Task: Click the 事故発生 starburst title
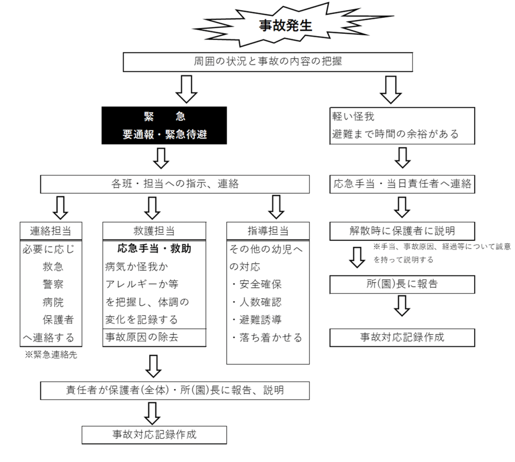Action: tap(285, 25)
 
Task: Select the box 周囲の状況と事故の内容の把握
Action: tap(267, 62)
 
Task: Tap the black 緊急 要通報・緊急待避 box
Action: tap(164, 125)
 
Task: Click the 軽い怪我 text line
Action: tap(353, 116)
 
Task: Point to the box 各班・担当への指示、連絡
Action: tap(175, 184)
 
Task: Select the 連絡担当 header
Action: tap(51, 231)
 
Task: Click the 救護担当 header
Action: tap(154, 231)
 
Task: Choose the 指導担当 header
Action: tap(268, 231)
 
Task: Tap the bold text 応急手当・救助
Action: tap(154, 249)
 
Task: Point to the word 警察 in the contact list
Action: tap(53, 284)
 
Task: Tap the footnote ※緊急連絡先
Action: tap(51, 355)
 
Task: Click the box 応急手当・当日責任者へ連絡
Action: tap(402, 184)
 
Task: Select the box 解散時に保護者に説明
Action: tap(402, 231)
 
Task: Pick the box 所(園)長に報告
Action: tap(402, 284)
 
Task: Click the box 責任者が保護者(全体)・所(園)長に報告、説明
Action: tap(175, 390)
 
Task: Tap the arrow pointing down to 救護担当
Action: tap(152, 207)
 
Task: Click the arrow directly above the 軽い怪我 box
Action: tap(391, 89)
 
